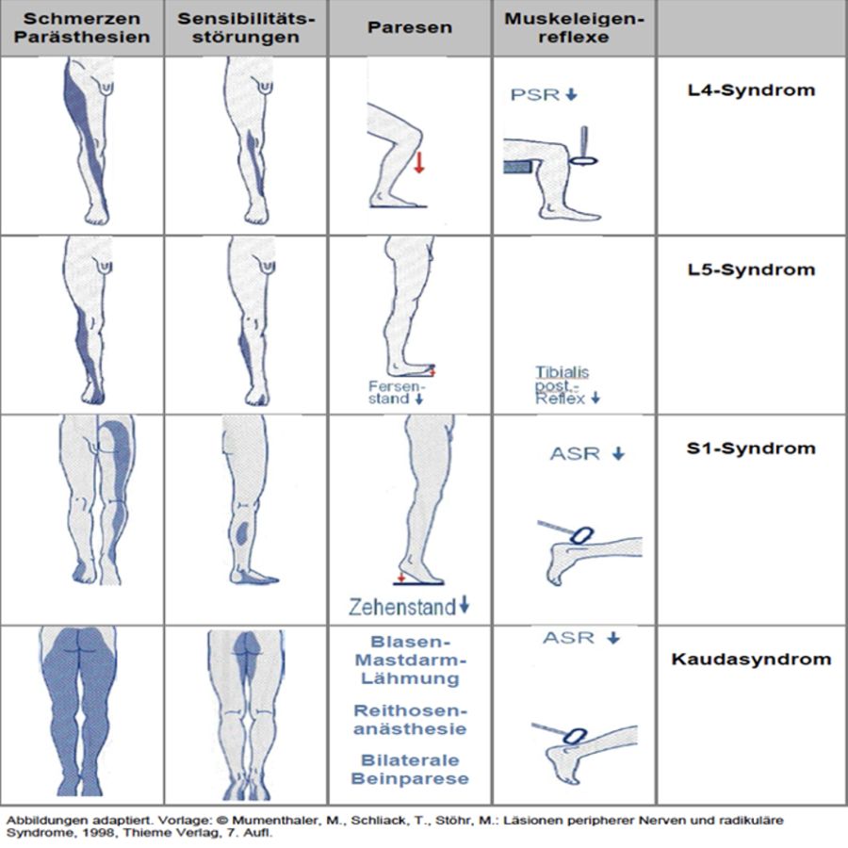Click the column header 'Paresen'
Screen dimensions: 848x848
click(410, 27)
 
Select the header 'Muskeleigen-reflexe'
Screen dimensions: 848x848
click(575, 27)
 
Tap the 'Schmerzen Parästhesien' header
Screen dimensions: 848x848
click(82, 27)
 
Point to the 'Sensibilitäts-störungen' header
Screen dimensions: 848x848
click(246, 27)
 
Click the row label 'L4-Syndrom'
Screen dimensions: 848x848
click(751, 90)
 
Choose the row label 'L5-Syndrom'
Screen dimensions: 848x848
click(751, 269)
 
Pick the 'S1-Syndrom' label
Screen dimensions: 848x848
click(751, 448)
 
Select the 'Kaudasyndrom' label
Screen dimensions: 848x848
click(751, 660)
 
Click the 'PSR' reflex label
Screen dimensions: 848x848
click(535, 94)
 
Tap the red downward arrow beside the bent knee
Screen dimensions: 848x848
click(419, 162)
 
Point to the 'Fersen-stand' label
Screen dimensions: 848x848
click(397, 393)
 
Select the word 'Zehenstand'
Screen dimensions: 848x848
click(402, 607)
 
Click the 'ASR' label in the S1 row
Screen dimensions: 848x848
click(575, 453)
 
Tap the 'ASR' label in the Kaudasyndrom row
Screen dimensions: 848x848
click(568, 638)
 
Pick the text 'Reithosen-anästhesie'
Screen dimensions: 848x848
click(410, 720)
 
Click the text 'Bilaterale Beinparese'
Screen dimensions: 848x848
click(410, 769)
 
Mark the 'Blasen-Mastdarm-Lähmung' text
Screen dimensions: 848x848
click(410, 660)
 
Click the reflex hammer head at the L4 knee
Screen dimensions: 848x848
click(583, 160)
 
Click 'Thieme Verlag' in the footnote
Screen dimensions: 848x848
click(155, 833)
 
